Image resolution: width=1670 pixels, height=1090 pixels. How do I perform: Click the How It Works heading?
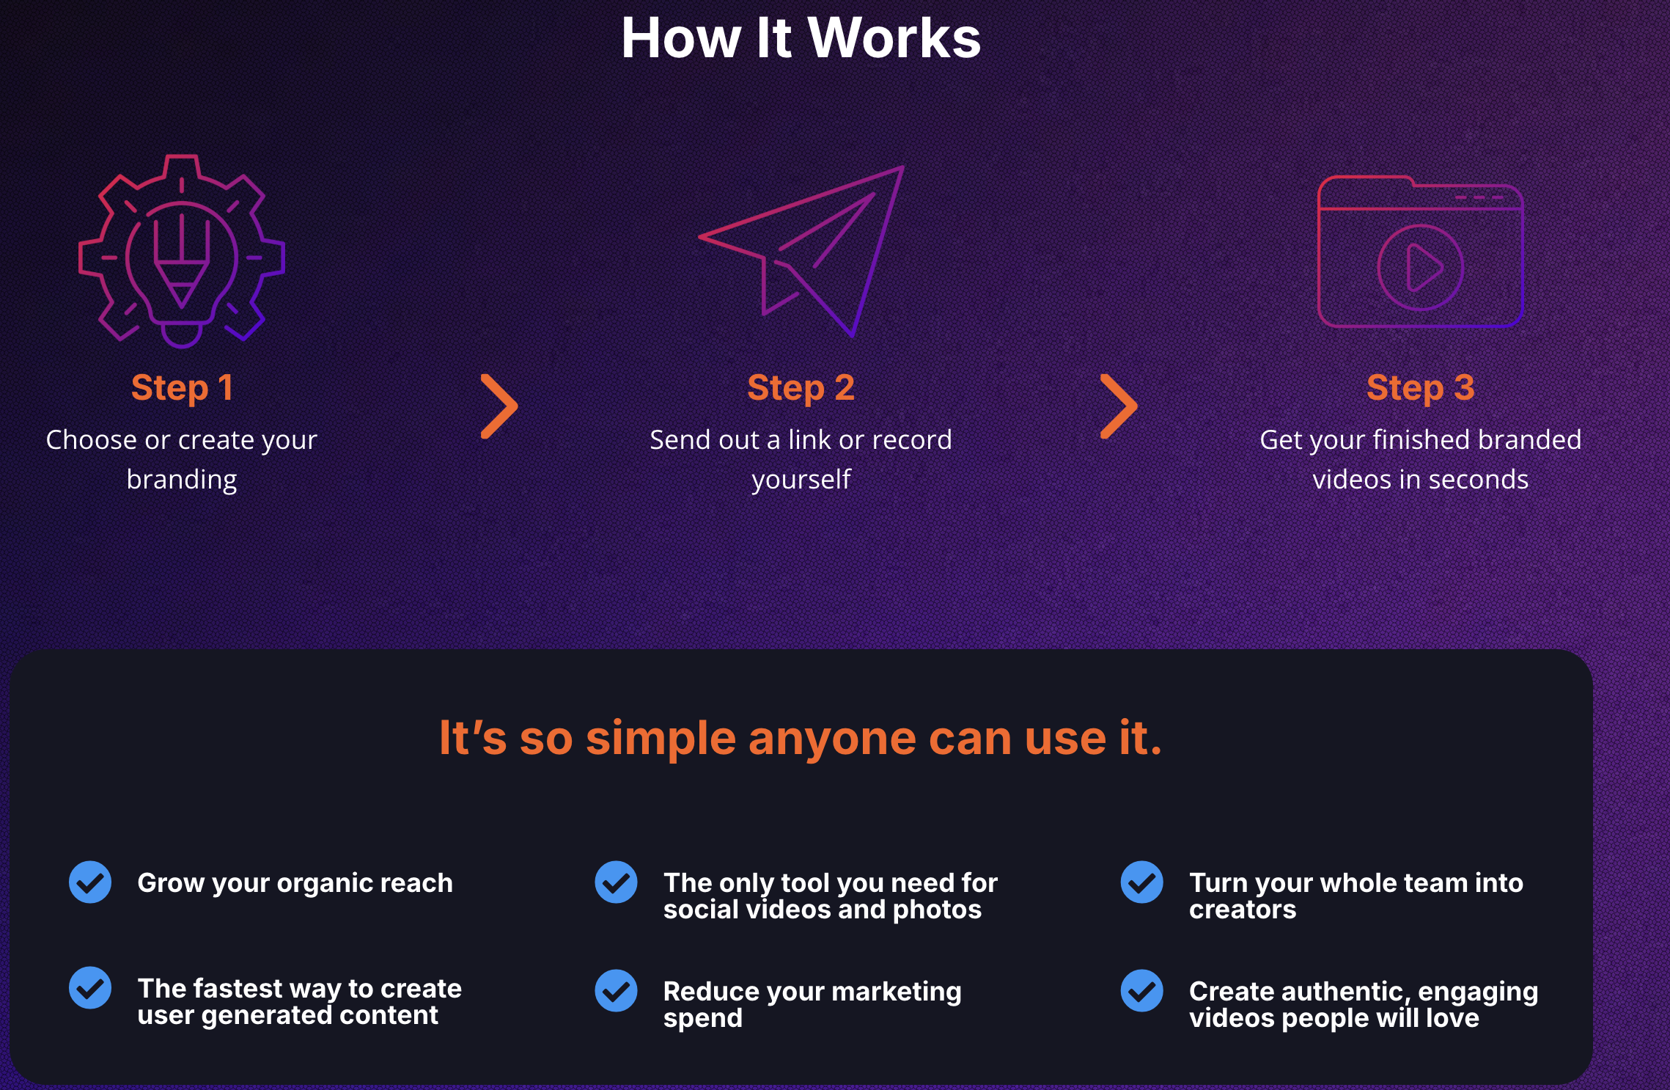[x=801, y=37]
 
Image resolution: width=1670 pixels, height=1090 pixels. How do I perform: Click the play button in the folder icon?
[x=1420, y=268]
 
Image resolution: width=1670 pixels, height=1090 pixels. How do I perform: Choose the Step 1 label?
[x=182, y=388]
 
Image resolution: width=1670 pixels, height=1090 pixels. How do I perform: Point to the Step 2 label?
[x=801, y=388]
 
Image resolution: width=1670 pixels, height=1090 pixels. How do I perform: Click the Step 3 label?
[x=1420, y=388]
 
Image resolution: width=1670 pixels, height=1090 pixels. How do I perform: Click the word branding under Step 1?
[x=182, y=480]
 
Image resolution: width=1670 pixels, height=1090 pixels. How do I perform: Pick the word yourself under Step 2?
[x=801, y=480]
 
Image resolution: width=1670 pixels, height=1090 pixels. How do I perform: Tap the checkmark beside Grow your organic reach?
[x=90, y=882]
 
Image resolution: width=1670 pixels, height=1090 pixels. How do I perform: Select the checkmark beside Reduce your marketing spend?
[x=616, y=990]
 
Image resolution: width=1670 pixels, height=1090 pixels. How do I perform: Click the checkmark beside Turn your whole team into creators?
[x=1141, y=882]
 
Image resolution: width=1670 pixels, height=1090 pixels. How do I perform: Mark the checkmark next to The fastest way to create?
[x=90, y=987]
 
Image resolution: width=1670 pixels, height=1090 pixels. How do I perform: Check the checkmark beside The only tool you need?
[x=616, y=882]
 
